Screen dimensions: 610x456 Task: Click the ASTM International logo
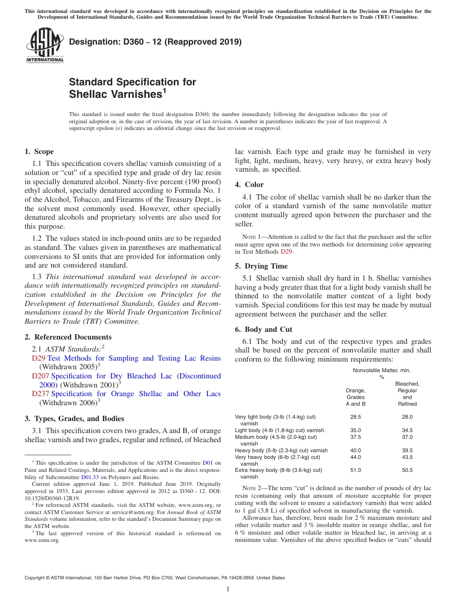(45, 45)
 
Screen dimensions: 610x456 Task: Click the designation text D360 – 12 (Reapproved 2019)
(155, 42)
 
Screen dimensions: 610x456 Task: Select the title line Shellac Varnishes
(115, 94)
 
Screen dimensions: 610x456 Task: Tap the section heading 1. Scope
(39, 152)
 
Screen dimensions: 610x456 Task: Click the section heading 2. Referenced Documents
(68, 337)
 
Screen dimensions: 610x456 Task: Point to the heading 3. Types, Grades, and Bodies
(74, 419)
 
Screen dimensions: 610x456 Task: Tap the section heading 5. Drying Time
(261, 266)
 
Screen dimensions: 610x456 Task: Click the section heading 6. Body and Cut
(264, 329)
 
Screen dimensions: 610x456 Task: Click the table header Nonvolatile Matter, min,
(382, 370)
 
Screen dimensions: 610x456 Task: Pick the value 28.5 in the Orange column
(355, 417)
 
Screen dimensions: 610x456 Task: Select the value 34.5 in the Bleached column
(407, 431)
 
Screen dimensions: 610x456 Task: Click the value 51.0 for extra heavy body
(355, 470)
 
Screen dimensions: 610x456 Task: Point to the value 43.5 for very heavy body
(407, 457)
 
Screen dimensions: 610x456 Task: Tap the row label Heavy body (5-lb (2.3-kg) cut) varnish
(281, 450)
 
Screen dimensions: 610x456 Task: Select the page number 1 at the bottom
(228, 589)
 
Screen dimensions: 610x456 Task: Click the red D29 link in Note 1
(286, 251)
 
